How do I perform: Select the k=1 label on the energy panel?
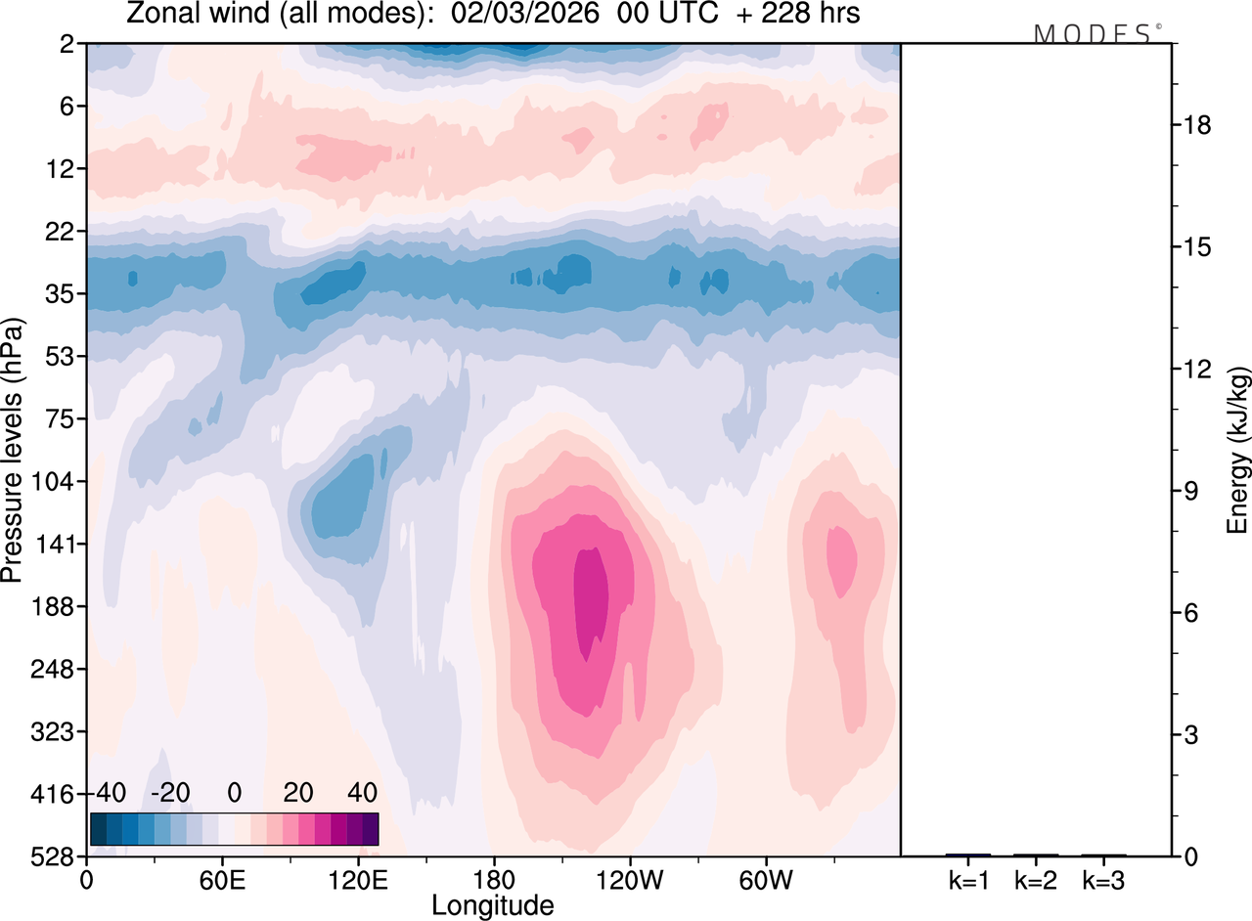coord(968,880)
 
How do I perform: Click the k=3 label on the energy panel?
coord(1103,880)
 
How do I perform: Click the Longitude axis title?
coord(493,906)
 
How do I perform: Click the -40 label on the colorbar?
coord(110,791)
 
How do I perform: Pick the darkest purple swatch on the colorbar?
coord(370,829)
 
